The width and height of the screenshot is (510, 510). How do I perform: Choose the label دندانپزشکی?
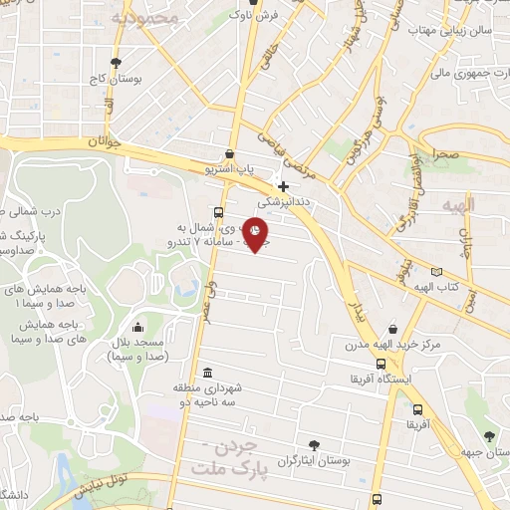285,201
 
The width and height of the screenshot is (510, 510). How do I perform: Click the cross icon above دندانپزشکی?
284,186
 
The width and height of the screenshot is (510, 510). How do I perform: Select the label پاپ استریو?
231,170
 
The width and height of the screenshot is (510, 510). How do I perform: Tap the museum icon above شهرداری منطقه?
206,373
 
